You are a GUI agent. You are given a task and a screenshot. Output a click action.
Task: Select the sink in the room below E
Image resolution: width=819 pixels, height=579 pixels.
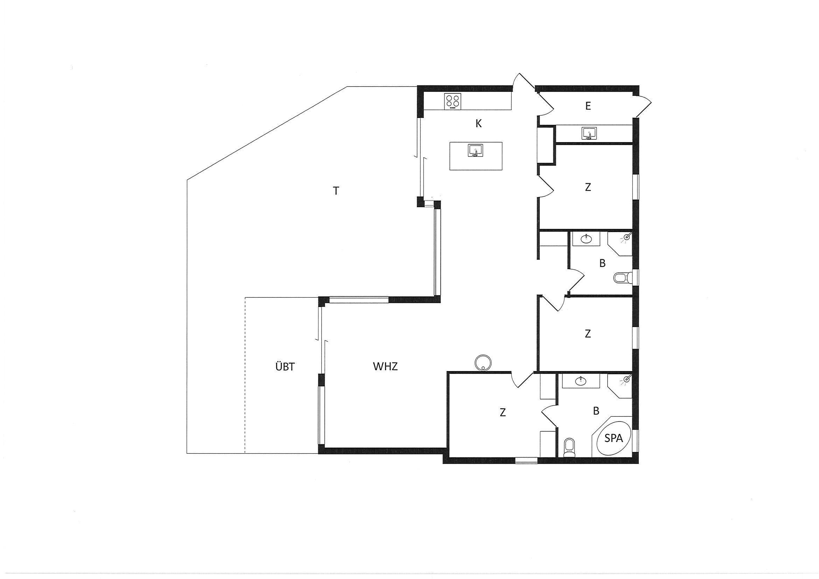tap(589, 133)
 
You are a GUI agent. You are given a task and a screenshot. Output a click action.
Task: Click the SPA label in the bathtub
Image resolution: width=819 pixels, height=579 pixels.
tap(614, 438)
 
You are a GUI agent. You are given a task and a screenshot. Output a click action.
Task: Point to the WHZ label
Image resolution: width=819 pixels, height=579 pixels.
tap(385, 367)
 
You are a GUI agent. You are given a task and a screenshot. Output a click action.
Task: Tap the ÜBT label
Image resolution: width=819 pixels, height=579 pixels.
tap(285, 367)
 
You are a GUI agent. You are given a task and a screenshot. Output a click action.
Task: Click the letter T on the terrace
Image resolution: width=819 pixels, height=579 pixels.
tap(336, 191)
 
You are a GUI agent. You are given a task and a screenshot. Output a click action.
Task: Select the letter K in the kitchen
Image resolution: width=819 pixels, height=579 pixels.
tap(479, 124)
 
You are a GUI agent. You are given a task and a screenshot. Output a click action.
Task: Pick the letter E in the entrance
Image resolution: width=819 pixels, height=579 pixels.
tap(588, 106)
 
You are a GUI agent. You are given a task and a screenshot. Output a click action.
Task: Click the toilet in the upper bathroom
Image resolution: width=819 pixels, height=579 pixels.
tap(623, 277)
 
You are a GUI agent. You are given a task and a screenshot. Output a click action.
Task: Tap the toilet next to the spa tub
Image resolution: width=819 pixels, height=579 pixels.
tap(570, 448)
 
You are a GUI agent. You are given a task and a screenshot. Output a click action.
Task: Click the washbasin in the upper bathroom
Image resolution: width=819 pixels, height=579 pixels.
tap(586, 239)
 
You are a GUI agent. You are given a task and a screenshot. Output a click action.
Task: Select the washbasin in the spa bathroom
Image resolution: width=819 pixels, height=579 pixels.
tap(580, 381)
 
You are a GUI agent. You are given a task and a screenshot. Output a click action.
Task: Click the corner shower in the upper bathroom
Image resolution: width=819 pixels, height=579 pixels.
tap(619, 244)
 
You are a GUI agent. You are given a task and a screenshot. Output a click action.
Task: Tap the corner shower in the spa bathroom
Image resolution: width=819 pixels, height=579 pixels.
tap(619, 386)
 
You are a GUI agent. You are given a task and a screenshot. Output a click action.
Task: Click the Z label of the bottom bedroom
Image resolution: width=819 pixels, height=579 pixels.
tap(503, 413)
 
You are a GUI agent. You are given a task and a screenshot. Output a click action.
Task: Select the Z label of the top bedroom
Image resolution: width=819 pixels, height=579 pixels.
tap(588, 187)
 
